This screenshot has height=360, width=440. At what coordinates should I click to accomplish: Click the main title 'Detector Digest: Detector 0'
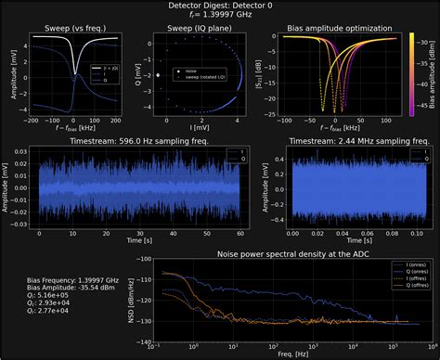220,6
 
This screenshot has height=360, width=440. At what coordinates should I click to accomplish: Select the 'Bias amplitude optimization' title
327,29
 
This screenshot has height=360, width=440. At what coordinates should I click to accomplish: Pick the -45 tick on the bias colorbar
424,114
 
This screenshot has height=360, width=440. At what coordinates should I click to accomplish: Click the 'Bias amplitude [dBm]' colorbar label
434,74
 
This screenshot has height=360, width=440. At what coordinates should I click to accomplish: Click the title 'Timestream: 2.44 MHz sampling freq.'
345,140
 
